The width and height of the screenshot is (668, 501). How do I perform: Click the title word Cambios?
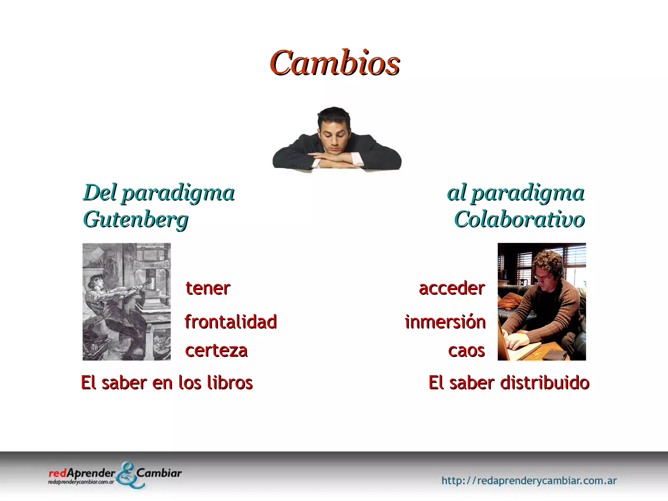pyautogui.click(x=334, y=63)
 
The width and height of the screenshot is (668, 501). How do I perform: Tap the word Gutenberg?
pyautogui.click(x=136, y=220)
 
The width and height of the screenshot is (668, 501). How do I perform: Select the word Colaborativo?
pyautogui.click(x=519, y=220)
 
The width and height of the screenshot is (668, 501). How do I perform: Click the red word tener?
pyautogui.click(x=208, y=288)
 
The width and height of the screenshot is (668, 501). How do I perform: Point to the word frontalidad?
pyautogui.click(x=231, y=322)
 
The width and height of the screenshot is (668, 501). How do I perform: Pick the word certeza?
pyautogui.click(x=216, y=351)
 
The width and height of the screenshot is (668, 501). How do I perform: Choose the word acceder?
pyautogui.click(x=452, y=288)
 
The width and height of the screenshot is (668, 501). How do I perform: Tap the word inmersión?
pyautogui.click(x=445, y=322)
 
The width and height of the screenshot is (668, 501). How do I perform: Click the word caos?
pyautogui.click(x=466, y=351)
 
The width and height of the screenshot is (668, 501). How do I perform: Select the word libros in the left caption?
pyautogui.click(x=230, y=383)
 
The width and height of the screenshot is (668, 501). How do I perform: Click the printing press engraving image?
pyautogui.click(x=127, y=302)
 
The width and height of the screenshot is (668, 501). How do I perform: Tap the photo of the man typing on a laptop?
pyautogui.click(x=541, y=302)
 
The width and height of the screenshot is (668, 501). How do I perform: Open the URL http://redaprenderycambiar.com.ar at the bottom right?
pyautogui.click(x=529, y=480)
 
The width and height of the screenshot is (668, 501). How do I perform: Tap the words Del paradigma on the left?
pyautogui.click(x=159, y=193)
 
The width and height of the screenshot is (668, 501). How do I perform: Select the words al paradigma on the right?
pyautogui.click(x=516, y=193)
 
